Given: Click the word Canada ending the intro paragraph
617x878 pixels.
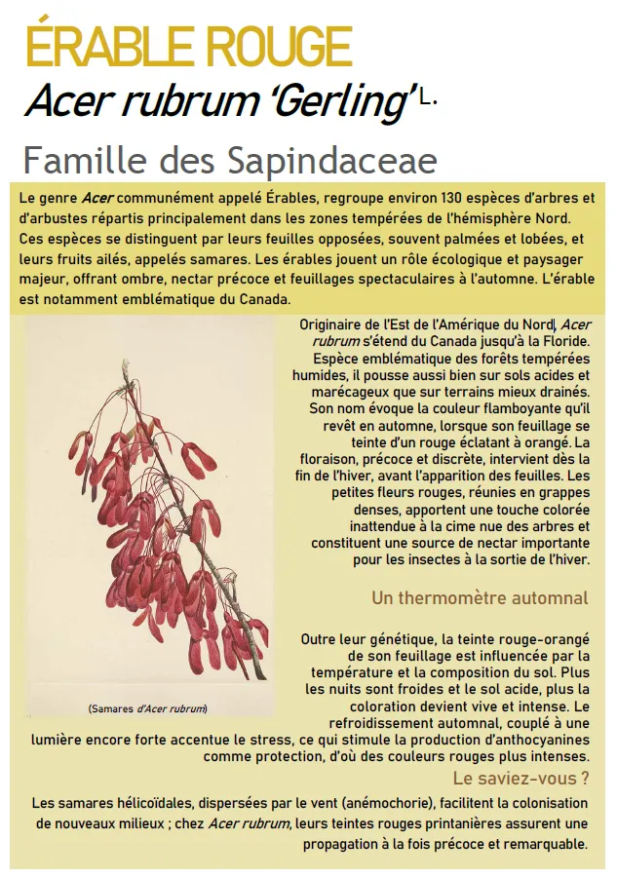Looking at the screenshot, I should pos(263,298).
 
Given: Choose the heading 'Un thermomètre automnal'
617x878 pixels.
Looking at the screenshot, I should pos(480,598).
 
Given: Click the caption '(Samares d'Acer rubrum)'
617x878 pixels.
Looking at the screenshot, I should pos(147,708).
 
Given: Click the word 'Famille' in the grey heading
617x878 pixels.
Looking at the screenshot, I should pos(73,160).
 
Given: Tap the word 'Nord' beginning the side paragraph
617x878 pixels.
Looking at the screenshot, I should pos(536,325).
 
